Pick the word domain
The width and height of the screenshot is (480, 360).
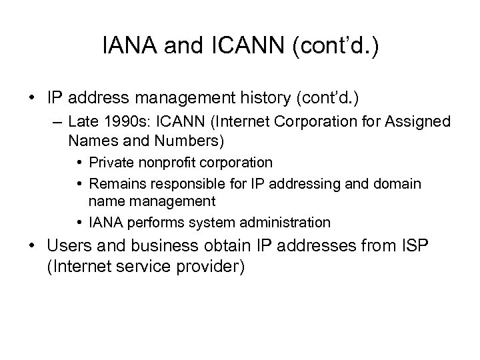pos(399,183)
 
